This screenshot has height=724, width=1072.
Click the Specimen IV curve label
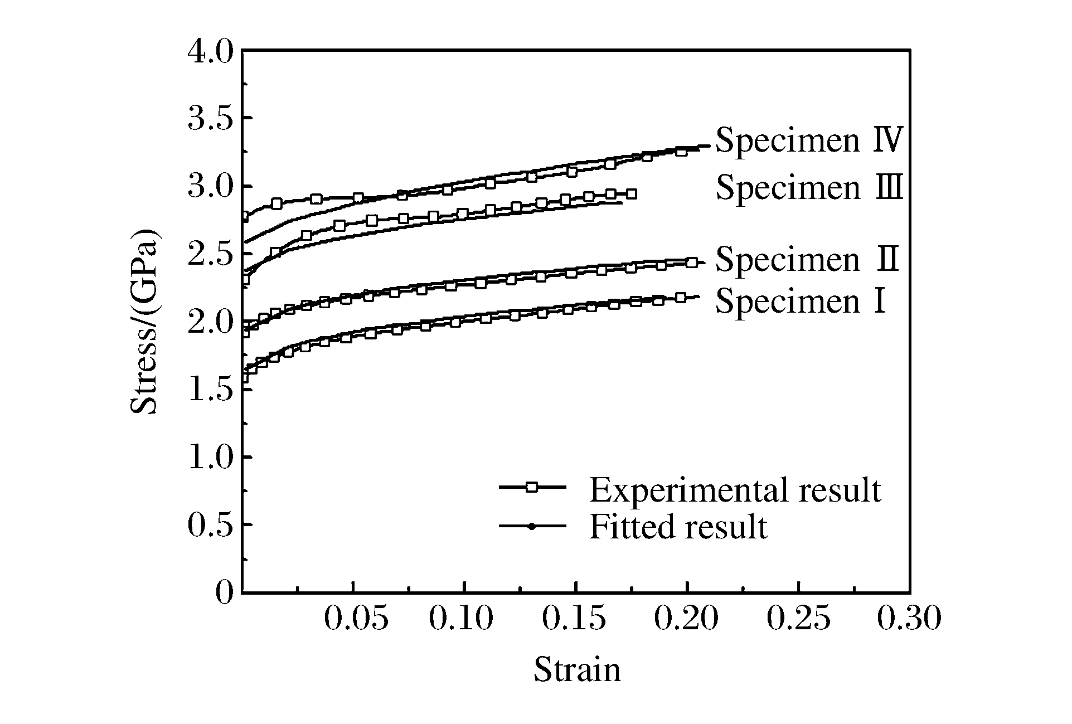[808, 140]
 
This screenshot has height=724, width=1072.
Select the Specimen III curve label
[808, 187]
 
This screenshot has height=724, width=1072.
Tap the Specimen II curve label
[807, 259]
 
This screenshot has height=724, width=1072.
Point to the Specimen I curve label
[800, 301]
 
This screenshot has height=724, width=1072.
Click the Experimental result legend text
[735, 490]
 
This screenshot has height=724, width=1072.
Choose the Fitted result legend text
[678, 527]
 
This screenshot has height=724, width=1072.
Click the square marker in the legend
[532, 487]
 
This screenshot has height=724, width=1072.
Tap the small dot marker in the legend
[532, 526]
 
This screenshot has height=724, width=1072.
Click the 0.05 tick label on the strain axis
[356, 619]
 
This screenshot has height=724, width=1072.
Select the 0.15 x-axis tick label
[574, 619]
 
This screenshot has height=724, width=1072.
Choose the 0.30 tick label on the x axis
[909, 619]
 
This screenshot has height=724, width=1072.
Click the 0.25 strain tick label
[798, 619]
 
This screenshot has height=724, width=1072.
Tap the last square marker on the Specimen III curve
[631, 194]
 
